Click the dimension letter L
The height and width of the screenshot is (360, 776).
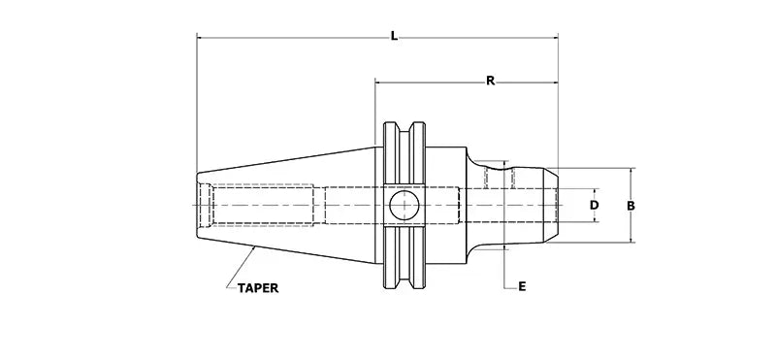pyautogui.click(x=393, y=36)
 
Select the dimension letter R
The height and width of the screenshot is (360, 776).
pyautogui.click(x=491, y=82)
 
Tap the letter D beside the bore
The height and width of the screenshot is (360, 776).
pyautogui.click(x=595, y=206)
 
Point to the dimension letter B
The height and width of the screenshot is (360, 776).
pyautogui.click(x=630, y=206)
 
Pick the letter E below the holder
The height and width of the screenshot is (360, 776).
pyautogui.click(x=522, y=286)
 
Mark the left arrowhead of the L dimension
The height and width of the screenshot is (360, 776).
pyautogui.click(x=201, y=39)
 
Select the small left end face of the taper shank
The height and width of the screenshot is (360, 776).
pyautogui.click(x=197, y=206)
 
